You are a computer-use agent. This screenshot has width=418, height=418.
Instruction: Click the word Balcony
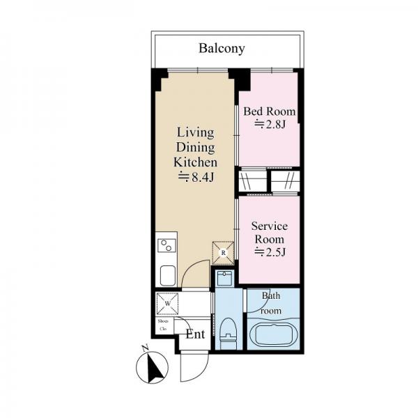222,48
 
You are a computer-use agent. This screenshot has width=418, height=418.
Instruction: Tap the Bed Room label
269,111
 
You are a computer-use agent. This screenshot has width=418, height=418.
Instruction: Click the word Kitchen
195,162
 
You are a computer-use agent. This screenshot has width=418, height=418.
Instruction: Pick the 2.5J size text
269,251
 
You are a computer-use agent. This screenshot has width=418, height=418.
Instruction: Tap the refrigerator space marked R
222,252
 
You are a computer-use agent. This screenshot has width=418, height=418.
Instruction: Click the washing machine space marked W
168,304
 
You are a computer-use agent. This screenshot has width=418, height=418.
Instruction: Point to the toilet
227,333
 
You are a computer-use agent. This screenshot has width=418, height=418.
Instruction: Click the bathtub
272,335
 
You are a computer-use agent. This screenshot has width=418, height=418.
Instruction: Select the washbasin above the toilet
224,280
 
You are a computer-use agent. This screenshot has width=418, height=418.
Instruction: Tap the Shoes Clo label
162,325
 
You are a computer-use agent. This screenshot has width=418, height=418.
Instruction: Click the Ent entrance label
195,334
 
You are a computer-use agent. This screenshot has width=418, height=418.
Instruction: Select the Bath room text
271,303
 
